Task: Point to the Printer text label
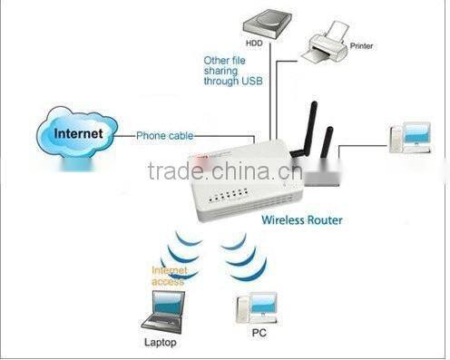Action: (x=360, y=44)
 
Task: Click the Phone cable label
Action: (x=166, y=136)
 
